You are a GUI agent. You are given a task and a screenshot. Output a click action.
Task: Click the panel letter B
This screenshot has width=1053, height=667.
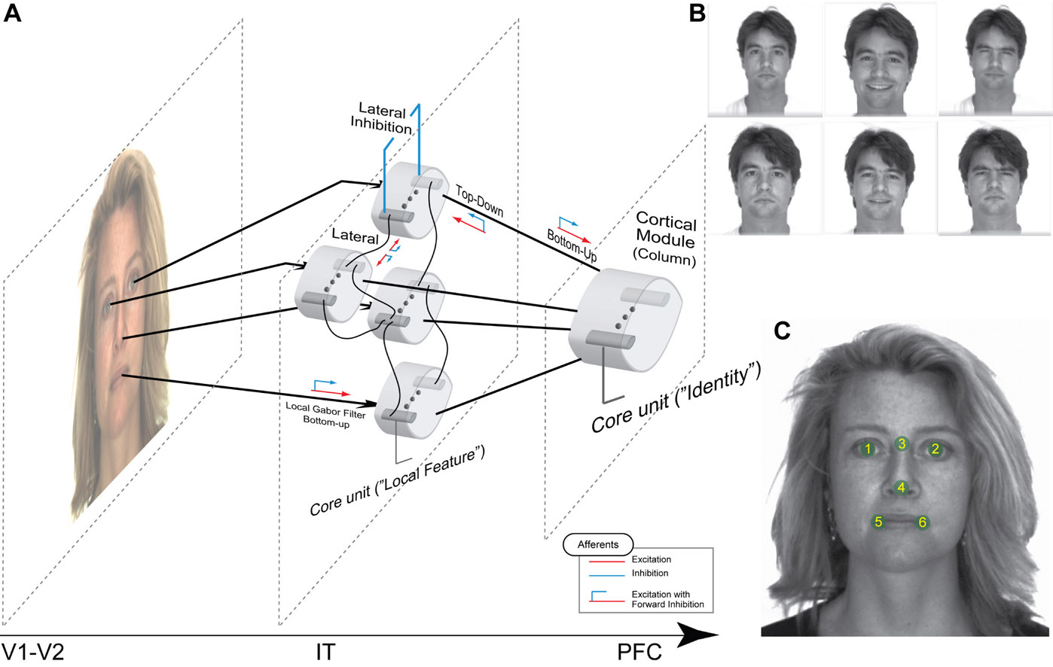pos(697,13)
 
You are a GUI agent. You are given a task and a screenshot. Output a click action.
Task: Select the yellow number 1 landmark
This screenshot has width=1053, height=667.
pos(868,449)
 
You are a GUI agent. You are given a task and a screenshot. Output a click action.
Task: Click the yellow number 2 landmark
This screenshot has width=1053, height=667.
pos(935,449)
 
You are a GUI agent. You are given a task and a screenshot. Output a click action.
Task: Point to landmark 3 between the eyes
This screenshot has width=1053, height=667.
pos(902,443)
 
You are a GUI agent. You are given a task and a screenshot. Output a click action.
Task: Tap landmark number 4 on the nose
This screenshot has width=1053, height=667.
pos(901,488)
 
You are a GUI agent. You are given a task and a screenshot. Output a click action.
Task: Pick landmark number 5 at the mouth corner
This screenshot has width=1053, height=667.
pos(878,522)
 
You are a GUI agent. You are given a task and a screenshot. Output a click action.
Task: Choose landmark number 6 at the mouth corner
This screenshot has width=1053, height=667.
pos(922,522)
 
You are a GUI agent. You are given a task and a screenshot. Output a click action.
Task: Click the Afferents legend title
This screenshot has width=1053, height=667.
pos(598,544)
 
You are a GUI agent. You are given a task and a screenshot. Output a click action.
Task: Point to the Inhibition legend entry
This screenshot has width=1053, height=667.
pos(649,573)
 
